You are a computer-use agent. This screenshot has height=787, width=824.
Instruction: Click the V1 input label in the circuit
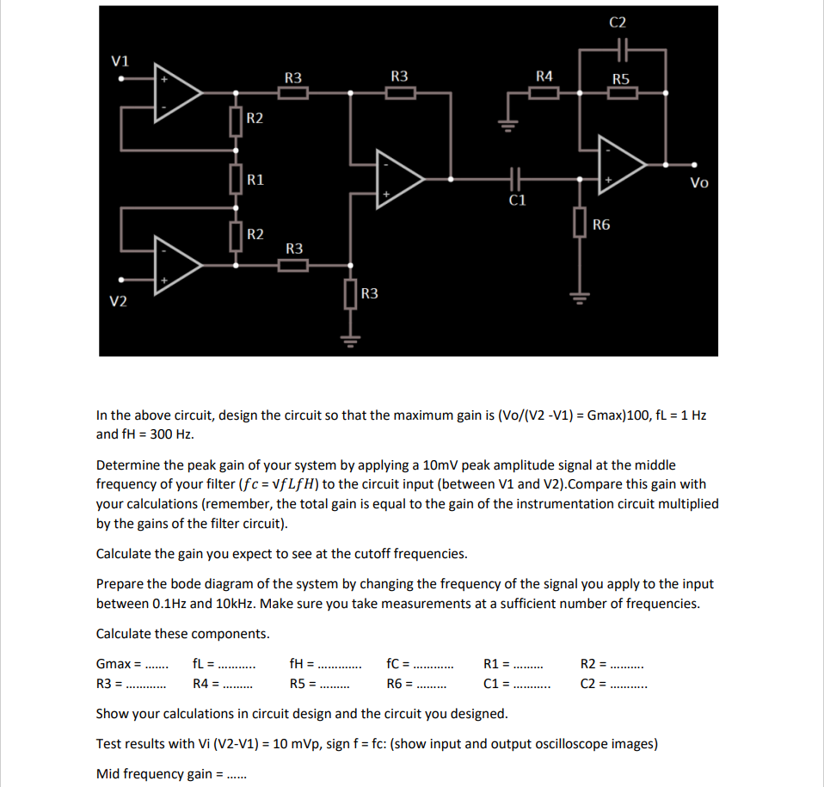coord(121,61)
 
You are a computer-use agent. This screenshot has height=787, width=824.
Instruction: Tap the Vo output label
coord(699,182)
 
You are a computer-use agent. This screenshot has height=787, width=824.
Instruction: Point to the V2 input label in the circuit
coord(119,300)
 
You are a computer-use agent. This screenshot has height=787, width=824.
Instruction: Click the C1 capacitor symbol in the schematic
coord(516,179)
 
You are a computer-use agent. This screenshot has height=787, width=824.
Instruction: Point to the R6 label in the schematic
coord(601,225)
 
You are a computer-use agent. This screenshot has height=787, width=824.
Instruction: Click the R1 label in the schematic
coord(255,180)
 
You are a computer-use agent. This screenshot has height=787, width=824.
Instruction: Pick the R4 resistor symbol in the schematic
coord(544,93)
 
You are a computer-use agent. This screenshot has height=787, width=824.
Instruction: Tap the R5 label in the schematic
coord(621,79)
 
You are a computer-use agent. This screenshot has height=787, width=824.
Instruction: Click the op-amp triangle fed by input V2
coord(177,261)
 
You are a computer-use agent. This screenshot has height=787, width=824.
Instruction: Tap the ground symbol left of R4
coord(507,125)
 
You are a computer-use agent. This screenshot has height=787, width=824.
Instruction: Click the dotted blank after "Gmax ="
coord(157,665)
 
